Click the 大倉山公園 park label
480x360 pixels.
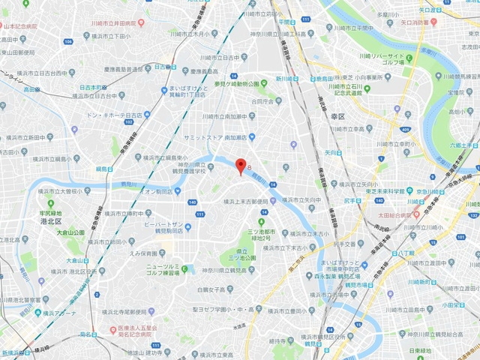[73, 232]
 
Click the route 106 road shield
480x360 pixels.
[67, 41]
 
